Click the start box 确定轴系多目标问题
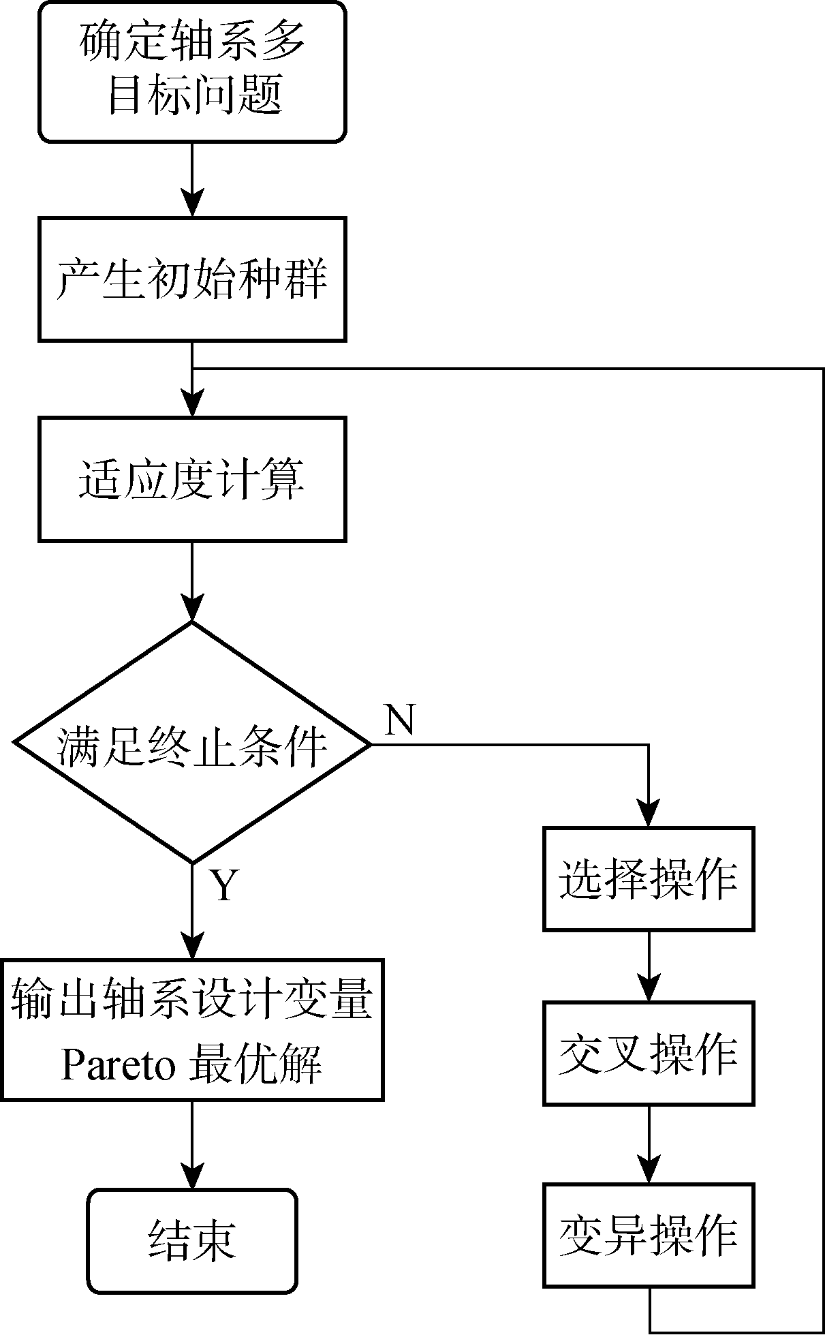coord(192,72)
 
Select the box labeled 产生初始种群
coord(192,279)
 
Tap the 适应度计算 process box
coord(192,479)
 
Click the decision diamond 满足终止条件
coord(192,743)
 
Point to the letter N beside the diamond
coord(400,720)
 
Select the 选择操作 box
coord(648,878)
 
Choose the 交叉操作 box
coord(648,1054)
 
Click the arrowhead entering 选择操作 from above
coord(648,814)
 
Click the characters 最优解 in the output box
coord(255,1064)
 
